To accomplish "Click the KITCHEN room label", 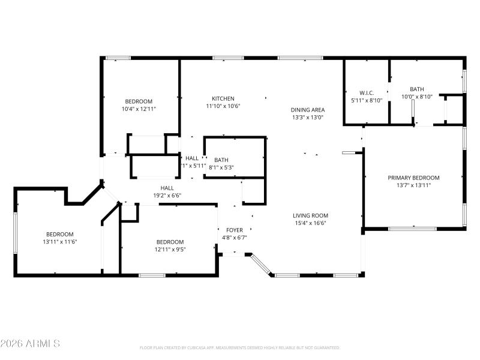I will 223,98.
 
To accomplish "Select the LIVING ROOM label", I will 310,215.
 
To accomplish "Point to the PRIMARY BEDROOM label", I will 413,178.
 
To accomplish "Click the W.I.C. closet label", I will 367,93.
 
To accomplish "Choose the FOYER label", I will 234,230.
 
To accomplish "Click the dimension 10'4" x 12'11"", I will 139,109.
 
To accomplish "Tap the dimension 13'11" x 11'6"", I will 60,242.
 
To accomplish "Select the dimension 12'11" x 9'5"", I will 170,250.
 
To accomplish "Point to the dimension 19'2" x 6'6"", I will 167,195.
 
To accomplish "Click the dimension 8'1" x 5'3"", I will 221,167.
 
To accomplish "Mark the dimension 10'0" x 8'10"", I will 416,97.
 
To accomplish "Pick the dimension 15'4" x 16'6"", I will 310,223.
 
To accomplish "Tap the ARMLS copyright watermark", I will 30,344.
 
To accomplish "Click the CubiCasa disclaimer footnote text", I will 240,347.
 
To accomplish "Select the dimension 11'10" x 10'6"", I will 223,106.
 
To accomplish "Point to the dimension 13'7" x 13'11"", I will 413,185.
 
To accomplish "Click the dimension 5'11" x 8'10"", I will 367,100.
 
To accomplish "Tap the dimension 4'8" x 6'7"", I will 234,238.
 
